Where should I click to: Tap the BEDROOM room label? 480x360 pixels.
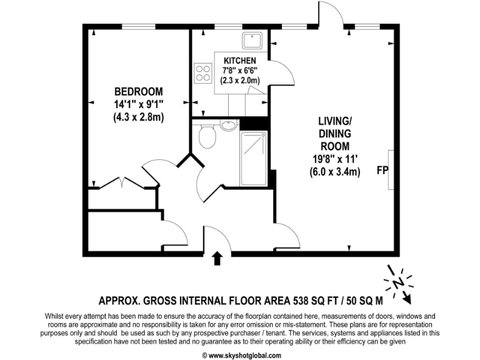click(x=138, y=91)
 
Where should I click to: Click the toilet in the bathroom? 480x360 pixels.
click(x=207, y=136)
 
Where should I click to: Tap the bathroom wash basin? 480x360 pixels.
click(x=228, y=124)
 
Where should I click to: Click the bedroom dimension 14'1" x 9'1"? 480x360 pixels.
click(x=138, y=104)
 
